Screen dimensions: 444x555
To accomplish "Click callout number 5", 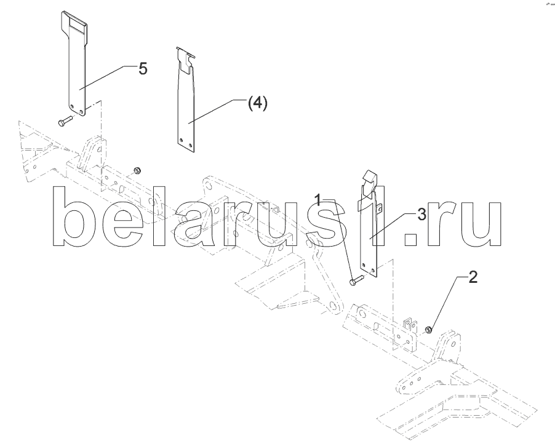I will [x=143, y=69].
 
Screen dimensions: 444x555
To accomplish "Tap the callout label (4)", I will [x=257, y=103].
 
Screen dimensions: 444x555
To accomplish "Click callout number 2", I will [x=473, y=277].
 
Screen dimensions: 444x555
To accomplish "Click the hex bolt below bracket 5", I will [x=64, y=122].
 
